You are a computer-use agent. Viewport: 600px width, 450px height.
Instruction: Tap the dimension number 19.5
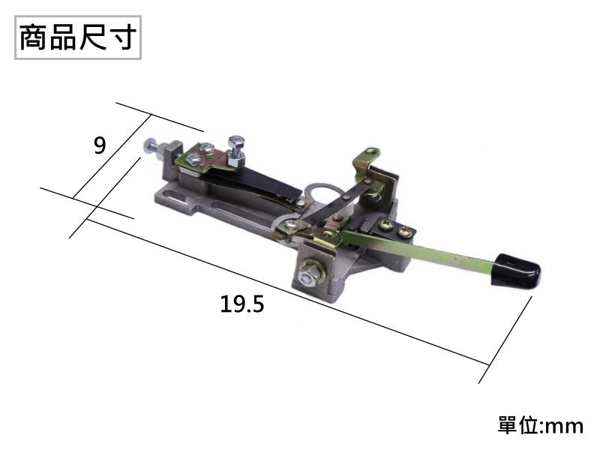pos(241,304)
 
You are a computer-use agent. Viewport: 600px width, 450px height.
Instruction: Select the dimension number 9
pos(100,145)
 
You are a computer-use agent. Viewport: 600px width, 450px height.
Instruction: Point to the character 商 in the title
pos(34,37)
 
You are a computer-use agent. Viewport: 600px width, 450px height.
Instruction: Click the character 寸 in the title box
pos(122,37)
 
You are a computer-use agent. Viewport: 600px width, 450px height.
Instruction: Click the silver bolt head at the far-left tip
pos(149,145)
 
